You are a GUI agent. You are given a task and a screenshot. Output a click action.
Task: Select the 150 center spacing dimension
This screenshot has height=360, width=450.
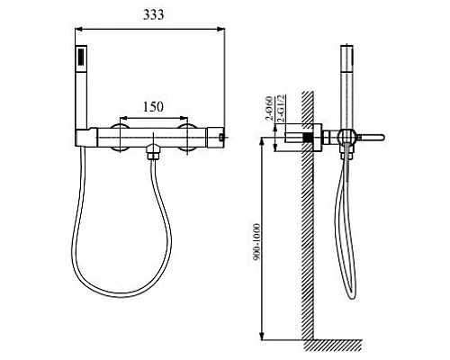[x=152, y=107]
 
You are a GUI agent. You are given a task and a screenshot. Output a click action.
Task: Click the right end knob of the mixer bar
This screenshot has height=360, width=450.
[x=220, y=136]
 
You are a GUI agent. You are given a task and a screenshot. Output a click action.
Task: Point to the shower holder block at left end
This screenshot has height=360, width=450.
[x=84, y=136]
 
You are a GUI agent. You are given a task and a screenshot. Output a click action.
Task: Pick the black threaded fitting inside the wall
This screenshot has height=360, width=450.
[x=310, y=139]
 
